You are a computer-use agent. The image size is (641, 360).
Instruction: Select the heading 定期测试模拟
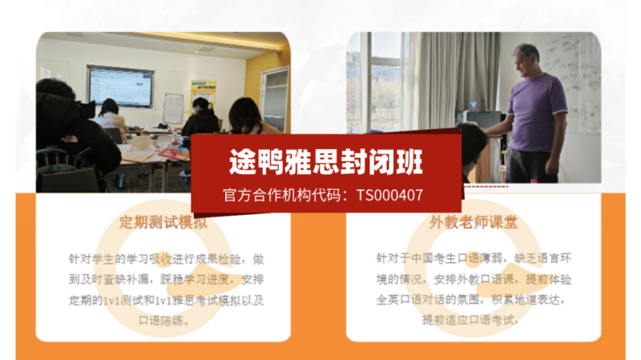click(163, 223)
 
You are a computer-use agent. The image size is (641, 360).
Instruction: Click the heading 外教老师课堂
click(473, 223)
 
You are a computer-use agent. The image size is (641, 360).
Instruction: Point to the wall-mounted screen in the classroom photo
click(120, 87)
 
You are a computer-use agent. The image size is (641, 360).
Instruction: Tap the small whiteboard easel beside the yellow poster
click(173, 108)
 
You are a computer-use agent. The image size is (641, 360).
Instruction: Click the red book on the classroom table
click(172, 152)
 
